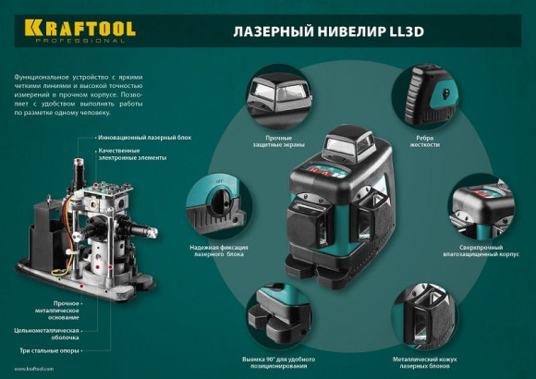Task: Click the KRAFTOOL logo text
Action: point(75,28)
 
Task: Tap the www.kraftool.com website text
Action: point(33,367)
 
